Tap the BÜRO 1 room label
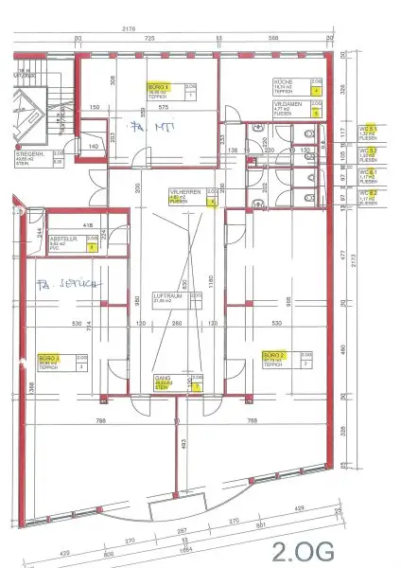tap(158, 86)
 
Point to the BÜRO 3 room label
tap(50, 358)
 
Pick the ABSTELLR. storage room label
tap(64, 240)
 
